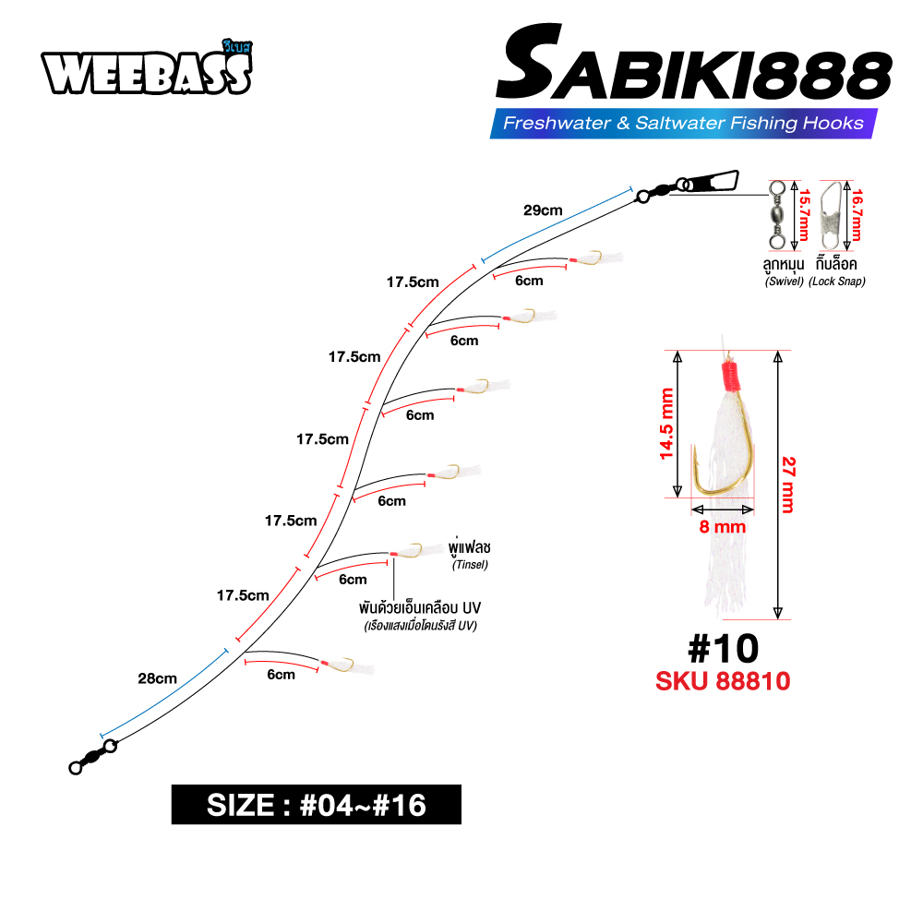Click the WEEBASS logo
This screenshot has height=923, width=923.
[147, 68]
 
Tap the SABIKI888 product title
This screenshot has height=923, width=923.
[693, 64]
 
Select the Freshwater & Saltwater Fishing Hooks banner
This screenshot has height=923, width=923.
[683, 123]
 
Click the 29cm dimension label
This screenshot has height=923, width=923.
[543, 210]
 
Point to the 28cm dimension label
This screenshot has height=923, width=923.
[157, 678]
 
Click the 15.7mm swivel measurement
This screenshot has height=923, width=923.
[804, 215]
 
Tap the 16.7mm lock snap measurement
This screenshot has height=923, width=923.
[857, 215]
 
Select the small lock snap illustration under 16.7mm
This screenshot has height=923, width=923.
[831, 215]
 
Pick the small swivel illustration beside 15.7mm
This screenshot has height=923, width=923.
[777, 215]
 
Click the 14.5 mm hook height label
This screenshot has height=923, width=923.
[665, 424]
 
